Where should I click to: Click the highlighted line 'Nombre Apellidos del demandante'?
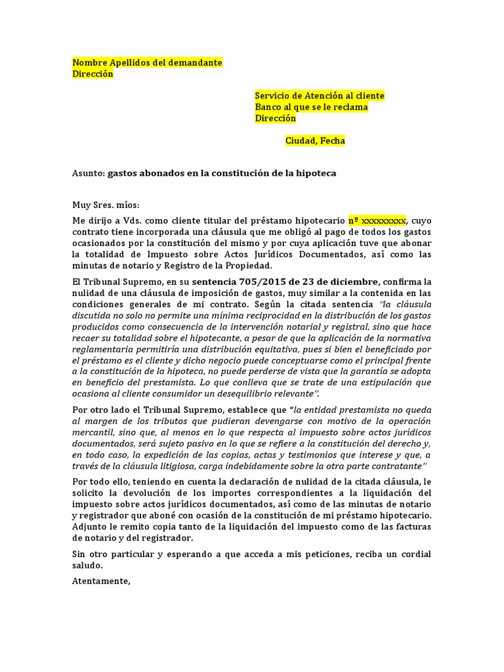click(x=147, y=62)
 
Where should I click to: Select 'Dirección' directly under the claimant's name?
click(x=93, y=74)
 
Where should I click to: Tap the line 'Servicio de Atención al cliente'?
click(x=320, y=96)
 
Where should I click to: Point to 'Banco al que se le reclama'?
click(x=311, y=107)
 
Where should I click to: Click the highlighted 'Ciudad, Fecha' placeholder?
click(x=315, y=141)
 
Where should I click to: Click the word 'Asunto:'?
click(x=88, y=173)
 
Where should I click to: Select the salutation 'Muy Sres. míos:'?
click(x=106, y=205)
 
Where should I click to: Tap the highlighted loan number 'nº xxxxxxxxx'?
click(x=377, y=220)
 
